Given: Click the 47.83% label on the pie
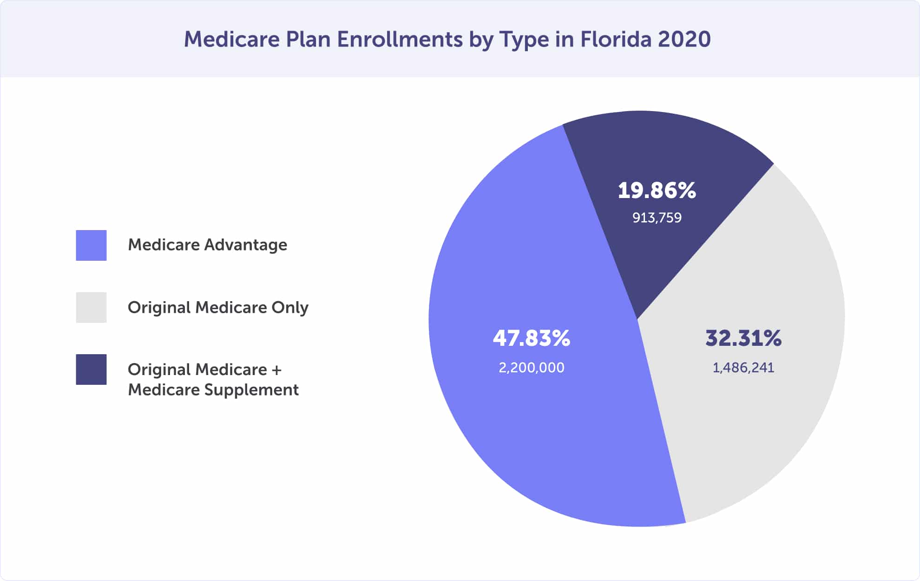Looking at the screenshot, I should (x=531, y=338).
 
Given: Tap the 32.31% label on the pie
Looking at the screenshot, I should (x=743, y=338).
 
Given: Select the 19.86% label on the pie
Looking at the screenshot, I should (x=657, y=191).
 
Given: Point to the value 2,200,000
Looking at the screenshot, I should (x=531, y=368).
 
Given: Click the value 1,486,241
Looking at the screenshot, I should (x=743, y=368).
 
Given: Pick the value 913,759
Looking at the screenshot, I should (x=657, y=218).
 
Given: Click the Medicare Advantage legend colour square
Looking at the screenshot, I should (x=91, y=245).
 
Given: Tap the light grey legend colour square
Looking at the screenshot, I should (x=91, y=307).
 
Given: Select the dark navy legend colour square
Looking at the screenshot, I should (x=91, y=370).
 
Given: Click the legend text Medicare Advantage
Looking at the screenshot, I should (x=207, y=245).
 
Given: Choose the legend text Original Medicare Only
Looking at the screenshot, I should (x=218, y=308).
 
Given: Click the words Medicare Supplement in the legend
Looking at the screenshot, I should (x=213, y=390).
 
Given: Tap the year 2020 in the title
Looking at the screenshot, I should (x=684, y=39).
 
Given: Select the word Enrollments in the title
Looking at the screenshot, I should (x=400, y=39).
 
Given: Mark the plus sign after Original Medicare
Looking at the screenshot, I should (x=276, y=370).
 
